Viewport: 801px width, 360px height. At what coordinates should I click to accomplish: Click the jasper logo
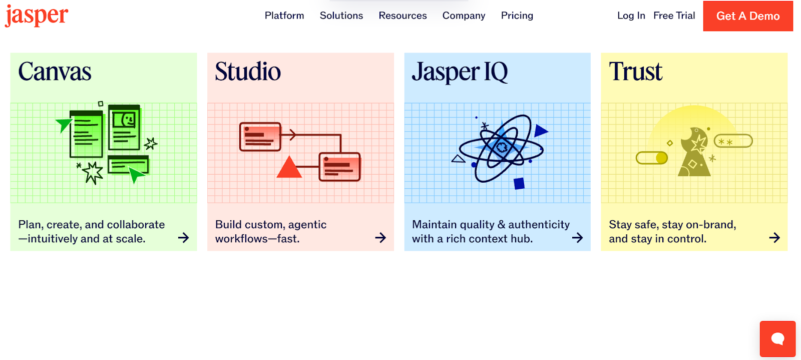point(37,16)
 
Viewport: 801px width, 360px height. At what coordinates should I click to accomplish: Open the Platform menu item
point(284,16)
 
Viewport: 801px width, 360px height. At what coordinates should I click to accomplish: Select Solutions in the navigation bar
point(341,16)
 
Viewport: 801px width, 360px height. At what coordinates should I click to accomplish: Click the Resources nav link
point(403,16)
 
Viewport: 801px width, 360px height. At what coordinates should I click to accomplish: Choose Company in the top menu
point(464,16)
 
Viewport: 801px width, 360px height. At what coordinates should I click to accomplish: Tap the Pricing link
point(517,16)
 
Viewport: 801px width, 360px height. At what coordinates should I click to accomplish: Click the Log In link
point(631,16)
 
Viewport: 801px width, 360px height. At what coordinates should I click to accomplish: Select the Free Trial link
point(674,16)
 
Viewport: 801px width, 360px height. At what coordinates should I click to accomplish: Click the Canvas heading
point(55,72)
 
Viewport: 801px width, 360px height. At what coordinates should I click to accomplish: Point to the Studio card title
point(248,72)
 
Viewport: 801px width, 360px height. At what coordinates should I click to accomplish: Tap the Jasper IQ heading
point(460,72)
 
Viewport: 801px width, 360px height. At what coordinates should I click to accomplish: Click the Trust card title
point(635,72)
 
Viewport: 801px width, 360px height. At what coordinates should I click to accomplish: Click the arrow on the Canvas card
point(183,238)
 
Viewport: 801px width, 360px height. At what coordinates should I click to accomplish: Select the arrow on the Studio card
point(380,238)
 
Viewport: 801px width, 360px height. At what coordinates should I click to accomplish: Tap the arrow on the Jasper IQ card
point(578,238)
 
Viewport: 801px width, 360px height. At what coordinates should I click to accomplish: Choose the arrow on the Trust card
point(774,238)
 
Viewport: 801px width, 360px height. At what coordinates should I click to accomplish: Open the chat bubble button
point(778,339)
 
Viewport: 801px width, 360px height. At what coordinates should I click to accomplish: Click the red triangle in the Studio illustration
point(289,167)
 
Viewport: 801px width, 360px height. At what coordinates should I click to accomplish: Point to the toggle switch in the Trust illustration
point(651,158)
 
